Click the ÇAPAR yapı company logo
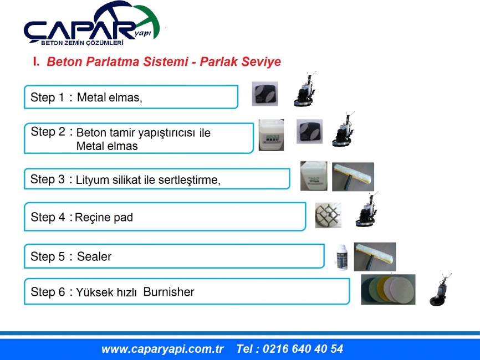coord(92,24)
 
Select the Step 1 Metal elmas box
coord(131,97)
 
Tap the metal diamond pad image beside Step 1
coord(265,94)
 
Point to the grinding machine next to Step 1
coord(305,89)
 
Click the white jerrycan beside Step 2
coord(271,135)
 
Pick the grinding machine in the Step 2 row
coord(343,130)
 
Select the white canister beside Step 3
coord(314,176)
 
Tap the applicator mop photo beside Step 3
coord(353,177)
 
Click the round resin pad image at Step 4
coord(328,215)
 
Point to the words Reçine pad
coord(104,218)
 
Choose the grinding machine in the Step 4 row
coord(367,210)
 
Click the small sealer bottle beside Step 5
coord(341,258)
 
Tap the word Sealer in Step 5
coord(94,256)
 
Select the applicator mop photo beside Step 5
coord(375,256)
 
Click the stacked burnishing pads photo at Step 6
coord(388,289)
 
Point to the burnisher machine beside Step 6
coord(440,290)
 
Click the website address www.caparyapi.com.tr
coord(162,349)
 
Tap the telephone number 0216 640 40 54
coord(303,349)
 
